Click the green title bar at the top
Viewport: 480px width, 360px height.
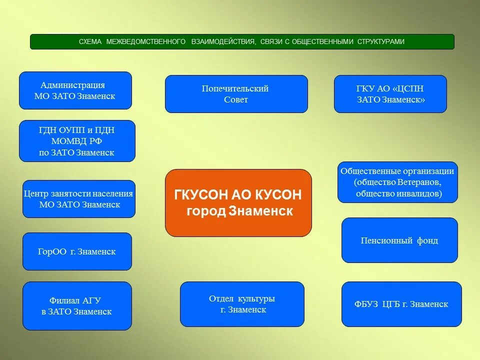pyautogui.click(x=242, y=41)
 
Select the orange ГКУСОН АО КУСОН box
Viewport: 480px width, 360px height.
pyautogui.click(x=238, y=202)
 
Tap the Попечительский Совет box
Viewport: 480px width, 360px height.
pyautogui.click(x=236, y=94)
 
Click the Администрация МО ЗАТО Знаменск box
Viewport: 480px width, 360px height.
pyautogui.click(x=75, y=90)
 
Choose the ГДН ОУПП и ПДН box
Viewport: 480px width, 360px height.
pyautogui.click(x=77, y=141)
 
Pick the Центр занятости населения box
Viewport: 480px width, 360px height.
pyautogui.click(x=79, y=199)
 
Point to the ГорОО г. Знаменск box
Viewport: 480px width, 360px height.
pyautogui.click(x=77, y=251)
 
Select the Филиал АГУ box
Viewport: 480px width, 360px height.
pyautogui.click(x=77, y=306)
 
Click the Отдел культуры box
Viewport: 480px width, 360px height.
pyautogui.click(x=242, y=304)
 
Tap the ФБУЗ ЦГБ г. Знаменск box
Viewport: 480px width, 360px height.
pyautogui.click(x=401, y=304)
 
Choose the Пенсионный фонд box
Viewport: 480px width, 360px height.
pyautogui.click(x=399, y=240)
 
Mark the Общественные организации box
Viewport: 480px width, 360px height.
pyautogui.click(x=397, y=182)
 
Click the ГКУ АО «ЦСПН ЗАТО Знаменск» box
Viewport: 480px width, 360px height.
pyautogui.click(x=390, y=94)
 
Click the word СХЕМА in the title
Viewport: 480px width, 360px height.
pyautogui.click(x=90, y=42)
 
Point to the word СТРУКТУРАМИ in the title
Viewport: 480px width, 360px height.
pyautogui.click(x=380, y=42)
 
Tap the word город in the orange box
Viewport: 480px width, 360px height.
pyautogui.click(x=206, y=211)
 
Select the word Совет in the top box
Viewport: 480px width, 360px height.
pyautogui.click(x=236, y=100)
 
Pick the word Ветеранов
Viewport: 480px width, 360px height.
pyautogui.click(x=420, y=182)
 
